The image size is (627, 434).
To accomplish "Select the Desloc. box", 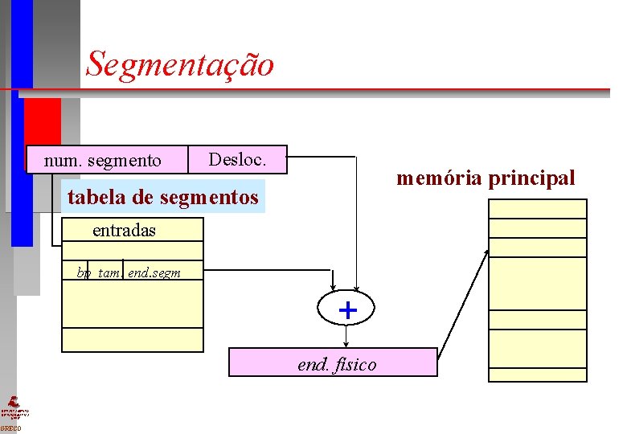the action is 239,159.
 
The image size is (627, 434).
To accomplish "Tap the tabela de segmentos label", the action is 163,197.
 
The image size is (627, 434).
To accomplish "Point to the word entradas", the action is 124,230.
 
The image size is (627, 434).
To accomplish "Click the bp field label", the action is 84,273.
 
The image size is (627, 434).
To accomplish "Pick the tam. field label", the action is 109,273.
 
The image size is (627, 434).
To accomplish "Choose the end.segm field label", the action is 154,273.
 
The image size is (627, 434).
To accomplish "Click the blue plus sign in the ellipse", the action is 347,309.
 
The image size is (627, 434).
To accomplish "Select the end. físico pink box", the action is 333,362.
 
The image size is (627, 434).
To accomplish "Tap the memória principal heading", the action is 486,178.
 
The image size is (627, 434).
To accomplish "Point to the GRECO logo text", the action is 11,428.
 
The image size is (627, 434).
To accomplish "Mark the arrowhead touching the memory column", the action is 486,252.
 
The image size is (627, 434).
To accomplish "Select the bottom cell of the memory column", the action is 538,375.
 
